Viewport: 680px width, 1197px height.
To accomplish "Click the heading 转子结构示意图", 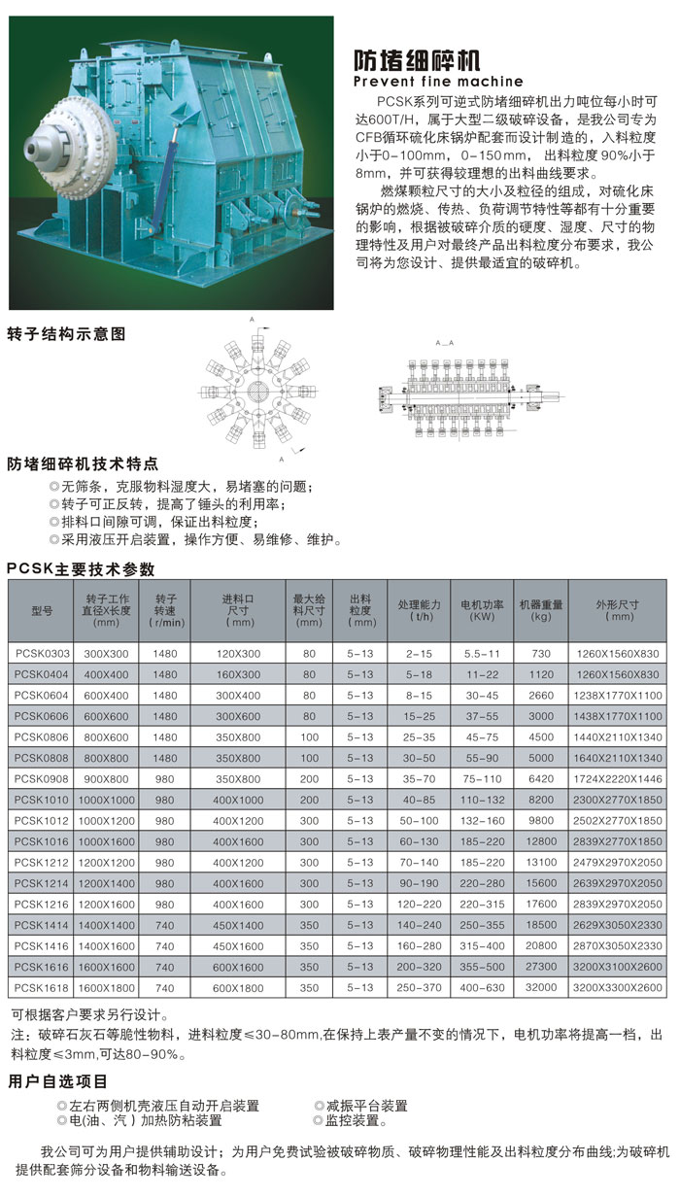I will coord(67,333).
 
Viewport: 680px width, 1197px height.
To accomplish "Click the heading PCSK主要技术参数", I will coord(81,569).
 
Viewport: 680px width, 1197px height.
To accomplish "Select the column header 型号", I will coord(41,611).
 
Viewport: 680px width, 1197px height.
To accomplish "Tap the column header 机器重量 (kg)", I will coord(541,610).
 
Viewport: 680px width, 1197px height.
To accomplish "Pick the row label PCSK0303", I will coord(41,655).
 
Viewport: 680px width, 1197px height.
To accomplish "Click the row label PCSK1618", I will coord(41,988).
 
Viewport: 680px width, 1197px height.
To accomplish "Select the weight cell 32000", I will coord(541,988).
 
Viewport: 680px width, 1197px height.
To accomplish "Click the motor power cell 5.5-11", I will coord(482,655).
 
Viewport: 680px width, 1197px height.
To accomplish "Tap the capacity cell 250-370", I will coord(419,988).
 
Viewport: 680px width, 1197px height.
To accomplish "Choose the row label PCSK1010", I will coord(41,800).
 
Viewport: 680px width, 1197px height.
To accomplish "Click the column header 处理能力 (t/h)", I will coord(419,610).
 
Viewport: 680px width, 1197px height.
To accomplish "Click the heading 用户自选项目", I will coord(57,1081).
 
